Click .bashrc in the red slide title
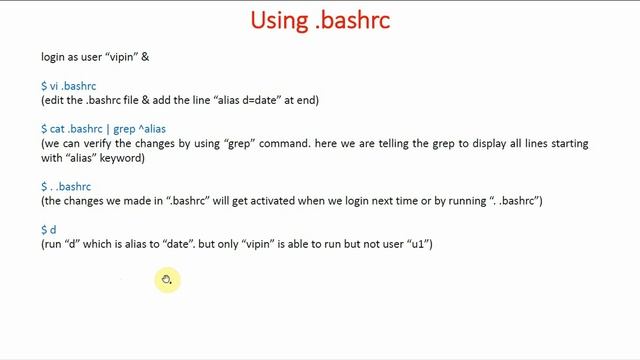pyautogui.click(x=353, y=20)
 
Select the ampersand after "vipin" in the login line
pyautogui.click(x=146, y=57)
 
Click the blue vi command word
pyautogui.click(x=54, y=86)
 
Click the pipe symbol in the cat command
pyautogui.click(x=108, y=129)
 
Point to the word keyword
pyautogui.click(x=124, y=158)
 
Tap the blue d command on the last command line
pyautogui.click(x=53, y=230)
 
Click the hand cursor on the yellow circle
pyautogui.click(x=167, y=280)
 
